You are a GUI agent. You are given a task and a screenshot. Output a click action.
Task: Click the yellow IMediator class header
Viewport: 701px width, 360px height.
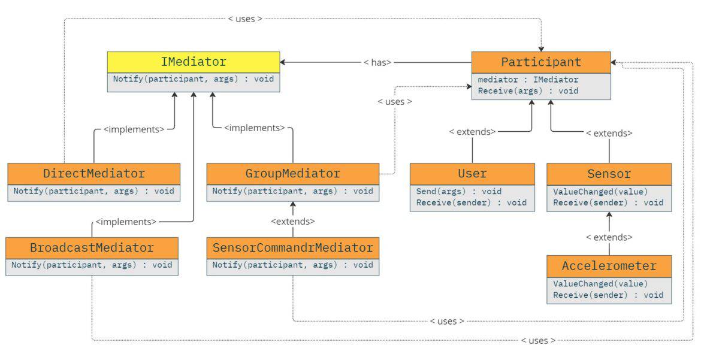(193, 62)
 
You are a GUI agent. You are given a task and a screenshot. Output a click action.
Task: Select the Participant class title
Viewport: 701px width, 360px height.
(540, 62)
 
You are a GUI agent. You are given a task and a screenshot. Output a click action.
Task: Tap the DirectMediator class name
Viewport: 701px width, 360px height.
(93, 174)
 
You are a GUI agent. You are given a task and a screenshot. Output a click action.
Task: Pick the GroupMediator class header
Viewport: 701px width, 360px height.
(292, 174)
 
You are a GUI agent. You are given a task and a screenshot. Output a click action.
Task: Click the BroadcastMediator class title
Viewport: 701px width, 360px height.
(92, 247)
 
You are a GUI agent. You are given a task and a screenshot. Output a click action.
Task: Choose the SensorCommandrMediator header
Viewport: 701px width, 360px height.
(292, 247)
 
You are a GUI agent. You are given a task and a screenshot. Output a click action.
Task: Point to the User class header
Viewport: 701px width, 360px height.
(472, 174)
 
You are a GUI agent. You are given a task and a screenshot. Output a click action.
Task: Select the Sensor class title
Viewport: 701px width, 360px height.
(609, 174)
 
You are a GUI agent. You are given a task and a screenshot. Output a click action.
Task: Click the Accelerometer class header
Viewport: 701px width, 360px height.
(609, 265)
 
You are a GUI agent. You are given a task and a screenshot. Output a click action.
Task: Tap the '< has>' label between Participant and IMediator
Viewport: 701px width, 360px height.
(377, 62)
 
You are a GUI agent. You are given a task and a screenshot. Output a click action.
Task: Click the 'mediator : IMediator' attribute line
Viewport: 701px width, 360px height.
(528, 79)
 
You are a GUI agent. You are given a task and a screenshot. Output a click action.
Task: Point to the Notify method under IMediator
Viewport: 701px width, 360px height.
(193, 79)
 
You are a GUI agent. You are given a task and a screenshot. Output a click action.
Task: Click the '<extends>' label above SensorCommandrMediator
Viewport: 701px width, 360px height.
(292, 221)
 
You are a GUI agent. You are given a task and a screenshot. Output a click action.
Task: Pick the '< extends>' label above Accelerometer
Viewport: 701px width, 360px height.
(609, 237)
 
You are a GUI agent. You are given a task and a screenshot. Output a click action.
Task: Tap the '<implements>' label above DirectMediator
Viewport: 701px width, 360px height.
(134, 129)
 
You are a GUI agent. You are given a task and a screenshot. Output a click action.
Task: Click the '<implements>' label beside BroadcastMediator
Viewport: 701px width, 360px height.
(126, 222)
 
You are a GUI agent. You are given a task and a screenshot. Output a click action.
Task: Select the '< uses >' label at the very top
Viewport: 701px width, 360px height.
(245, 19)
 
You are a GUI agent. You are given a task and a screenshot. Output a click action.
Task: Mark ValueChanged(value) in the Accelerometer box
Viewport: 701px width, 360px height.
(600, 283)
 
